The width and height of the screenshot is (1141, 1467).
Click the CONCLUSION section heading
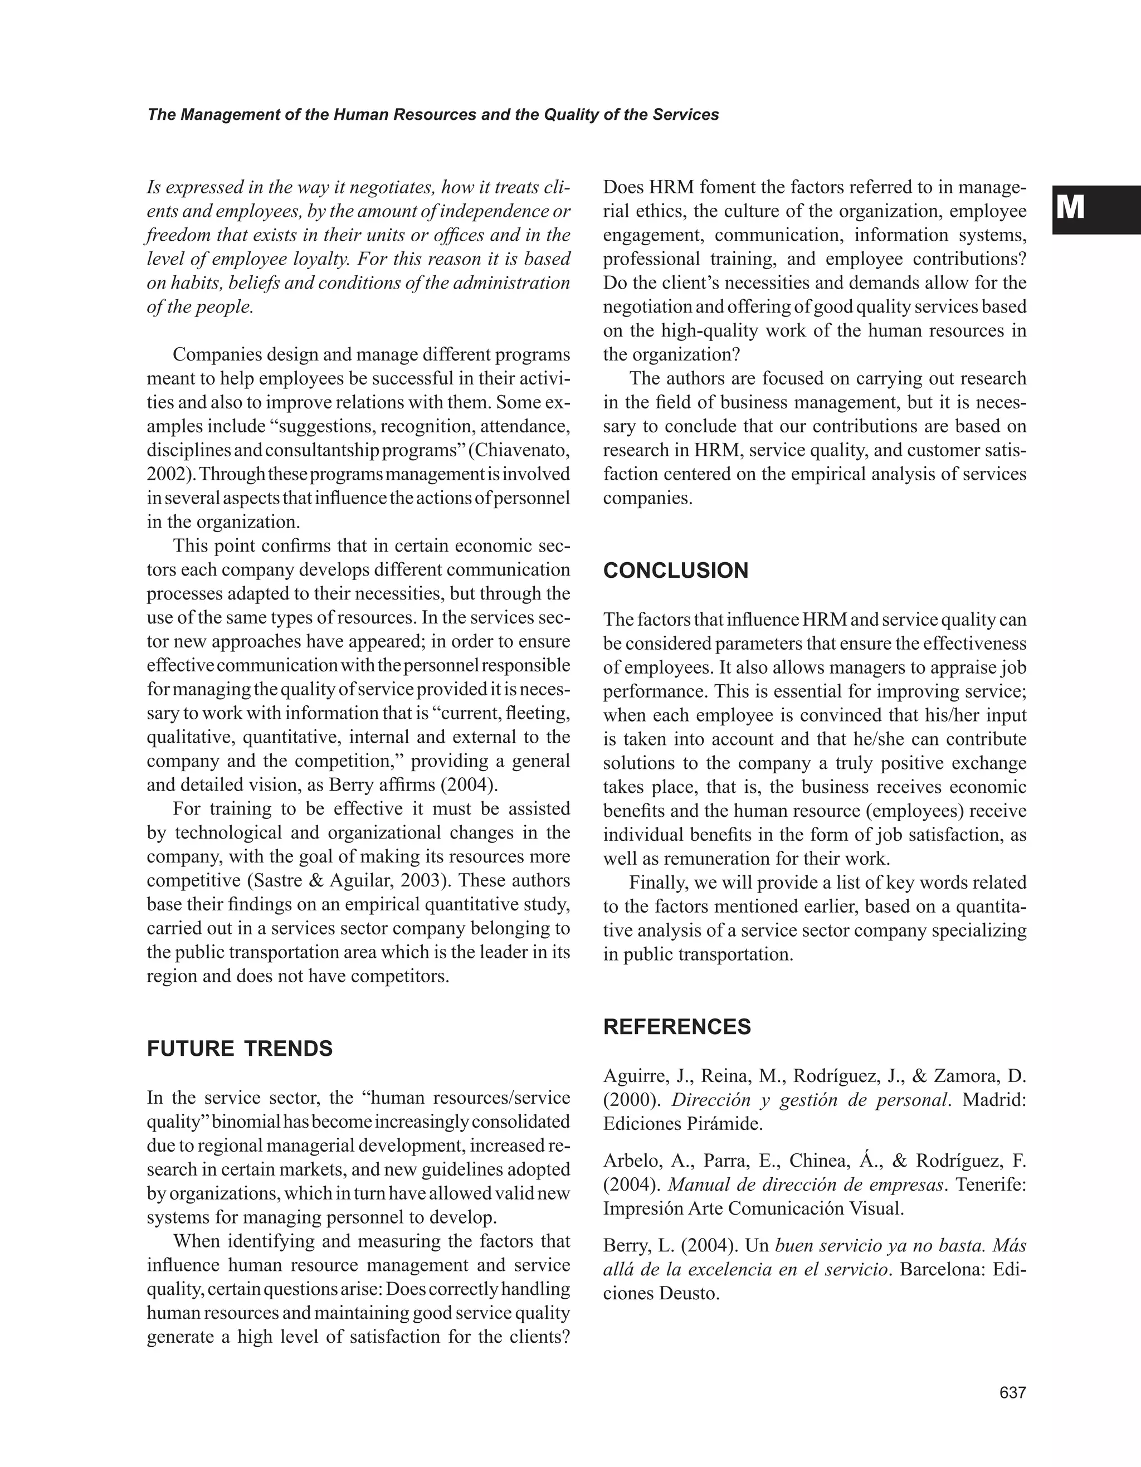[x=676, y=571]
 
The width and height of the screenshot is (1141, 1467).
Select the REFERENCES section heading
[x=677, y=1027]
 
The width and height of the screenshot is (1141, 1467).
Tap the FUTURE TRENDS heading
[x=240, y=1049]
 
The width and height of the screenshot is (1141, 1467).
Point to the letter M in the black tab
[x=1070, y=208]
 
